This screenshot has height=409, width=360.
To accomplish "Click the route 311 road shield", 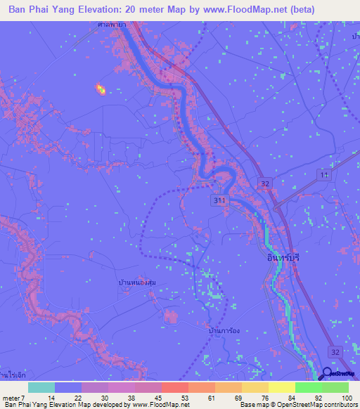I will point(219,201).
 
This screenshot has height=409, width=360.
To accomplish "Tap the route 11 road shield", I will point(323,174).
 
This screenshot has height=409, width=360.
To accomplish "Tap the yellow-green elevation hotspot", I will point(101,89).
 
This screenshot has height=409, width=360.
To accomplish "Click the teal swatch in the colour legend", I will point(41,387).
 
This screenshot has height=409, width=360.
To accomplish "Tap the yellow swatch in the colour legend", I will point(282,387).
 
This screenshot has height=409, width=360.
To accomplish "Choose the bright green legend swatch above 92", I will point(309,387).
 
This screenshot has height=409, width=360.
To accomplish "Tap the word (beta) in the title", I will point(299,9).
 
